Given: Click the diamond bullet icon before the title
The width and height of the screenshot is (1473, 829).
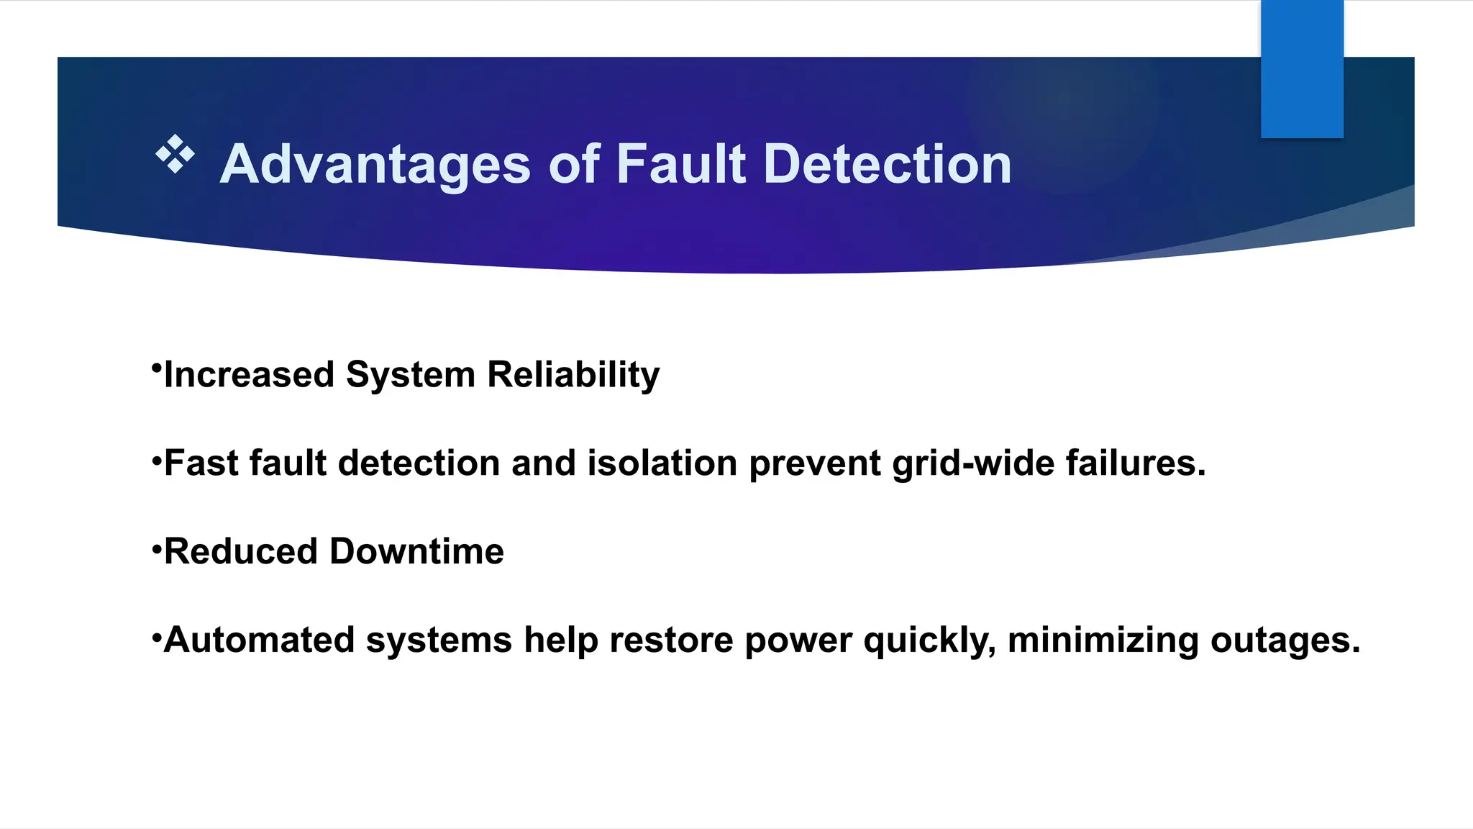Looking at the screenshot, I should pyautogui.click(x=175, y=154).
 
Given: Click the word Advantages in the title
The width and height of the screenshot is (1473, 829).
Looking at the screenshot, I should pyautogui.click(x=375, y=165).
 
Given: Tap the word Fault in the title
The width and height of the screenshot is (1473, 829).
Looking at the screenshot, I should pyautogui.click(x=681, y=165).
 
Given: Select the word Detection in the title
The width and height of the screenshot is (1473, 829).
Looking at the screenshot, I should pyautogui.click(x=887, y=165).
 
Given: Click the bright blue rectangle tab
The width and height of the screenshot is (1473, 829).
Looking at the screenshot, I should pyautogui.click(x=1302, y=69).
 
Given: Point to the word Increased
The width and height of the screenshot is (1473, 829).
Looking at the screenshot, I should pyautogui.click(x=249, y=375).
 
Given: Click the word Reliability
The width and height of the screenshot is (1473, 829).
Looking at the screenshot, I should pyautogui.click(x=573, y=375).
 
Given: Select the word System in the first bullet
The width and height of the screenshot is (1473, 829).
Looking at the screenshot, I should pyautogui.click(x=411, y=375).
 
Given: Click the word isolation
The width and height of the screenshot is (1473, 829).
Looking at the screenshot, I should pyautogui.click(x=662, y=463).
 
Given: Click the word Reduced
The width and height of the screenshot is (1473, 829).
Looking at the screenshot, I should pyautogui.click(x=241, y=552).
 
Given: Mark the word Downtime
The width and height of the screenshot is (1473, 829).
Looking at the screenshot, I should pyautogui.click(x=416, y=552).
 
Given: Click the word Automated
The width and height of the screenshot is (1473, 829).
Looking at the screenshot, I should pyautogui.click(x=260, y=640).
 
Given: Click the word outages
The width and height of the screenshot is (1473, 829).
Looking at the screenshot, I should pyautogui.click(x=1285, y=640).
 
